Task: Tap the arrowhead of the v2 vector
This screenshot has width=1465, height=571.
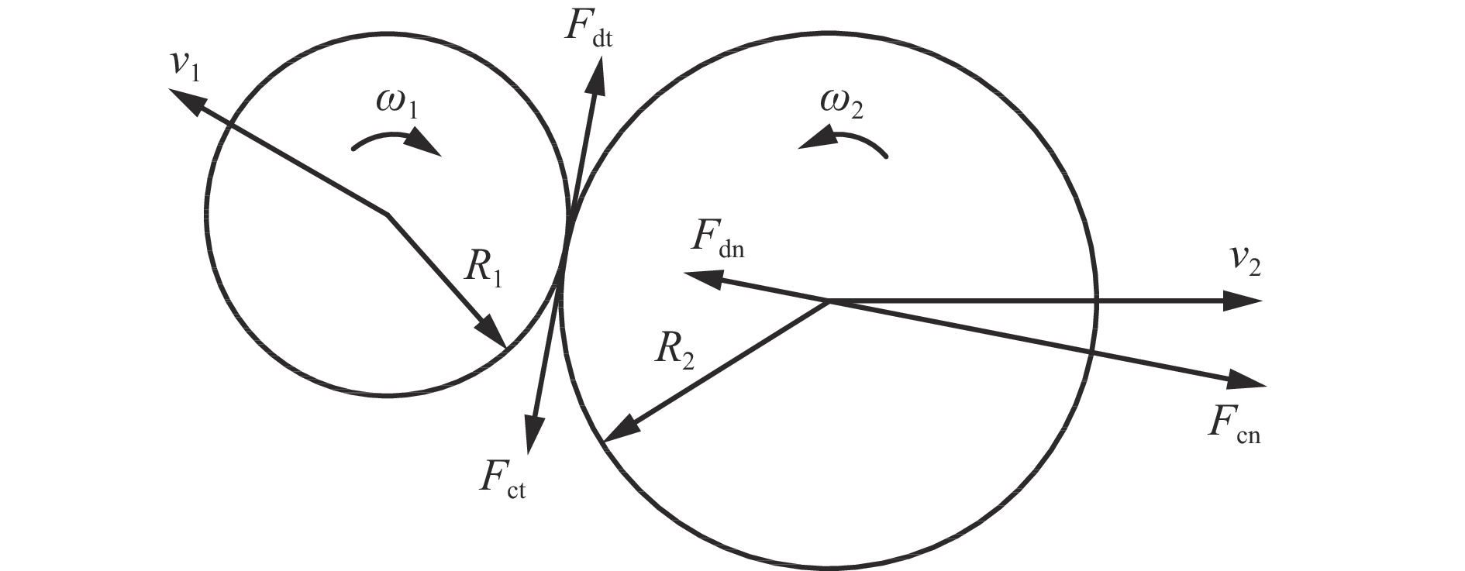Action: pos(1243,300)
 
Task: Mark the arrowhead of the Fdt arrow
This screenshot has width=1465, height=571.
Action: pos(598,76)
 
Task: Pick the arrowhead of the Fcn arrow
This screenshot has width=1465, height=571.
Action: pos(1245,380)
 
